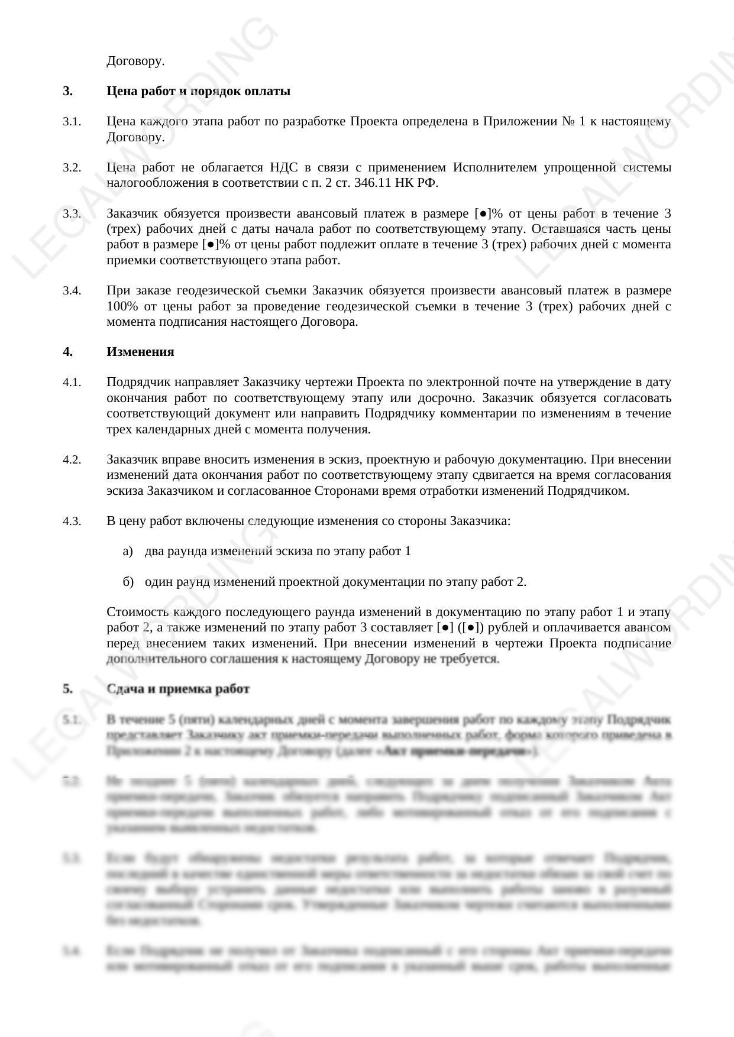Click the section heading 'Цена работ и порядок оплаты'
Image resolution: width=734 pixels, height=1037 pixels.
click(198, 91)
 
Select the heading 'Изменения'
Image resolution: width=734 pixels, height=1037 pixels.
click(140, 352)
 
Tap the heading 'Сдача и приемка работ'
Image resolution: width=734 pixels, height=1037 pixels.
click(178, 689)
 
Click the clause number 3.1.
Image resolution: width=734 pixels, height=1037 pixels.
click(72, 122)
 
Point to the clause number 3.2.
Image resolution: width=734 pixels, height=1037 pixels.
click(72, 168)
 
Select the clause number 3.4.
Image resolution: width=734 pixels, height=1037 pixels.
click(72, 291)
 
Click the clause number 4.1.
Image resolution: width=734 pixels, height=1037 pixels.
click(72, 383)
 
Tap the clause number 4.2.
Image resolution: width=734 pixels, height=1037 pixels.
click(72, 460)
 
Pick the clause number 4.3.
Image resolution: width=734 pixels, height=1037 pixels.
click(72, 521)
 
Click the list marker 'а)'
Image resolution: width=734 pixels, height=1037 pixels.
click(128, 552)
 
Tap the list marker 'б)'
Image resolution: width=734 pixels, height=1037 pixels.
click(128, 582)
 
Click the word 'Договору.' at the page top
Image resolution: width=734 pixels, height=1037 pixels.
click(135, 61)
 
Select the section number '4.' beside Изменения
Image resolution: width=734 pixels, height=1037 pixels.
click(67, 352)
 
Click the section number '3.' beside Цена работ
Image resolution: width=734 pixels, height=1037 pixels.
click(67, 91)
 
